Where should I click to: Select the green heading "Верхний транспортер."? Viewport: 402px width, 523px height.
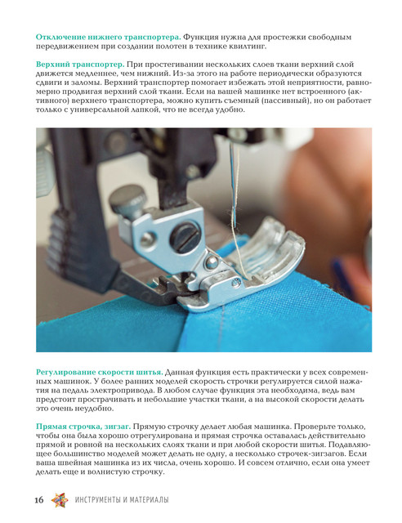tap(80, 65)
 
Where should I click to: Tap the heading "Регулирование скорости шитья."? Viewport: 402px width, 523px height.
tap(100, 373)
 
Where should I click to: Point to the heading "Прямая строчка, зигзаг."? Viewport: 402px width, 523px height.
tap(83, 427)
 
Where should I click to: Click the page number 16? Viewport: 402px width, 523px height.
tap(39, 499)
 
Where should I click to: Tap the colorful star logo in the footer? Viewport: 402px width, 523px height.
tap(60, 500)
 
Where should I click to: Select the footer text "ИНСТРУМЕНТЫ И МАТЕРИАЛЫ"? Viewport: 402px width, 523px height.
tap(122, 499)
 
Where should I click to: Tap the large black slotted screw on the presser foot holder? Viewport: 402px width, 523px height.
tap(185, 236)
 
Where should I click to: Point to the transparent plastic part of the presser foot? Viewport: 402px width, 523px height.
tap(267, 247)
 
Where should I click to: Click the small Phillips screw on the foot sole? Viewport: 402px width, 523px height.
tap(236, 283)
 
